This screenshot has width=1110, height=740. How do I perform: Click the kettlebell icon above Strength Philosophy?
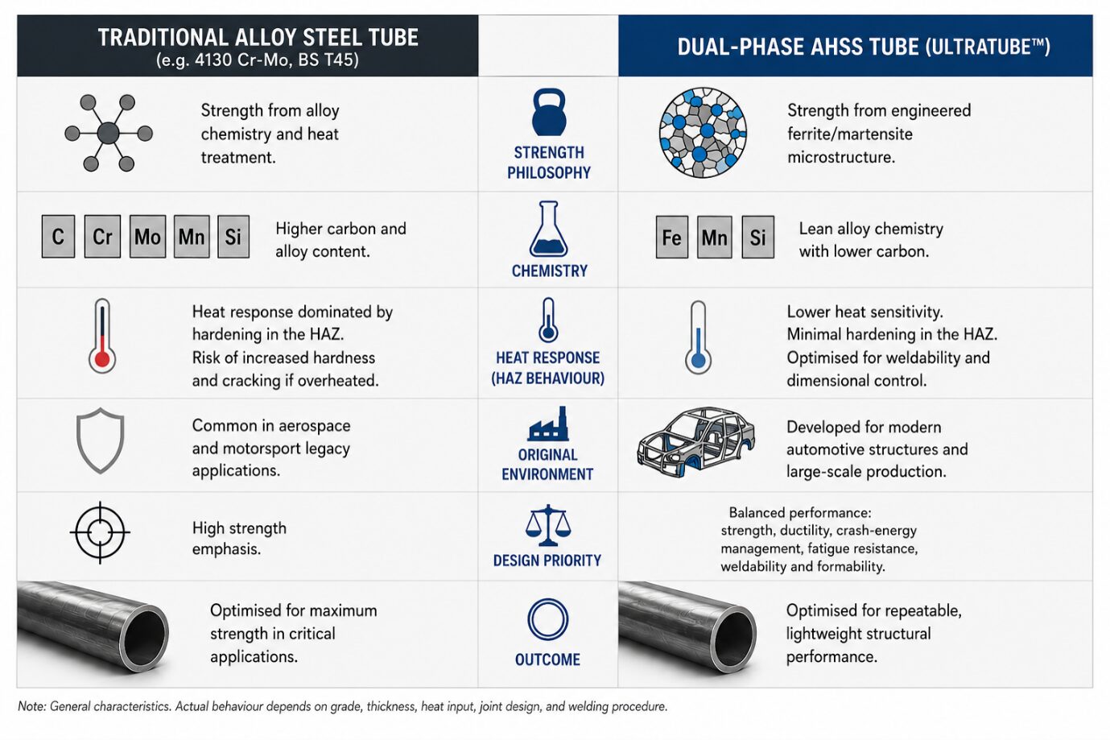point(548,112)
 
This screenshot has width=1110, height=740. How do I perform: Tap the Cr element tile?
point(102,237)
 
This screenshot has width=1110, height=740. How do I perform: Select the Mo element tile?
point(147,237)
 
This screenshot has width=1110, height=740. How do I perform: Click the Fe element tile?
point(672,238)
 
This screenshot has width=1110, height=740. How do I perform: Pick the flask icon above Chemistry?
point(548,229)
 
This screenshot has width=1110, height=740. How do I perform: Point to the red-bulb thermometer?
point(102,336)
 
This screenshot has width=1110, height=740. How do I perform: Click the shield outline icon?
point(100,440)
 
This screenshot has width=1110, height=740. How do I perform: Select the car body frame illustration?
point(695,442)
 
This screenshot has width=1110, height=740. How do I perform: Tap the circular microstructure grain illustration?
point(703,133)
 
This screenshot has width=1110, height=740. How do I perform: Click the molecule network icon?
point(109,133)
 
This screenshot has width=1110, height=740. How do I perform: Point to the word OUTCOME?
point(547,659)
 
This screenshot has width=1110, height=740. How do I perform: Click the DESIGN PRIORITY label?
point(547,560)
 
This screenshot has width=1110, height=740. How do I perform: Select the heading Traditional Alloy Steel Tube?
point(258,37)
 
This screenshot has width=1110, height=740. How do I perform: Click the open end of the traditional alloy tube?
point(145,639)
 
